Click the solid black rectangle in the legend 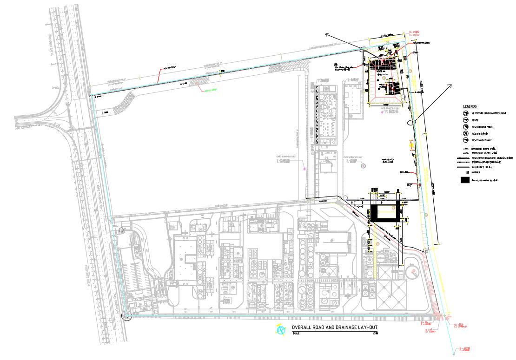463,180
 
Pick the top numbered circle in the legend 465,113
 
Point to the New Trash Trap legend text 482,140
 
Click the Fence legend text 475,120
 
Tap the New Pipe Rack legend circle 465,133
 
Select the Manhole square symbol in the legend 462,171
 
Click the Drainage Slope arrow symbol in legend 463,148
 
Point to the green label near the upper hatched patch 208,90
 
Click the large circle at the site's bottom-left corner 126,316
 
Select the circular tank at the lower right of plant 411,270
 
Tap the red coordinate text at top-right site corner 414,33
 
